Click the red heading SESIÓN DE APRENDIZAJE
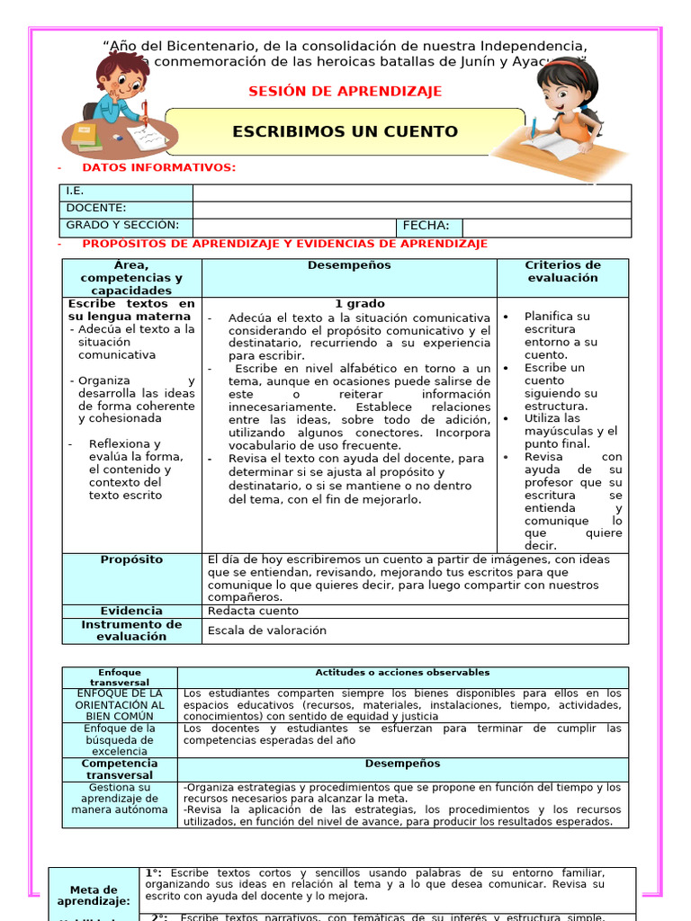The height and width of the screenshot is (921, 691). [345, 92]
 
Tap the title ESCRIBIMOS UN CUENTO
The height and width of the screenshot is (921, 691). [345, 132]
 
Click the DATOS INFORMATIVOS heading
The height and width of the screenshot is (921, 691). [158, 167]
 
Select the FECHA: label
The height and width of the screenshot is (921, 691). [426, 227]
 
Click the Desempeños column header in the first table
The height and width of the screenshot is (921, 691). [349, 265]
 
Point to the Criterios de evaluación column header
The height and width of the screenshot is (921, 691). [562, 272]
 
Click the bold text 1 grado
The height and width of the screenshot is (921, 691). [360, 304]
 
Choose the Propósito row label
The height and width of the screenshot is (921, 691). [131, 559]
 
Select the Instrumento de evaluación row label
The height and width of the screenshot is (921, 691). [131, 630]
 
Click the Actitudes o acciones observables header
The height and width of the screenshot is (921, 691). [402, 673]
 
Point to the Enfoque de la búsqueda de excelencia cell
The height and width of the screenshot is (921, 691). [120, 740]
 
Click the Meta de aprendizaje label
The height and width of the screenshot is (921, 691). [94, 896]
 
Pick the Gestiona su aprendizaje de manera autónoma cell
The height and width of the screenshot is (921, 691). [120, 798]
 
